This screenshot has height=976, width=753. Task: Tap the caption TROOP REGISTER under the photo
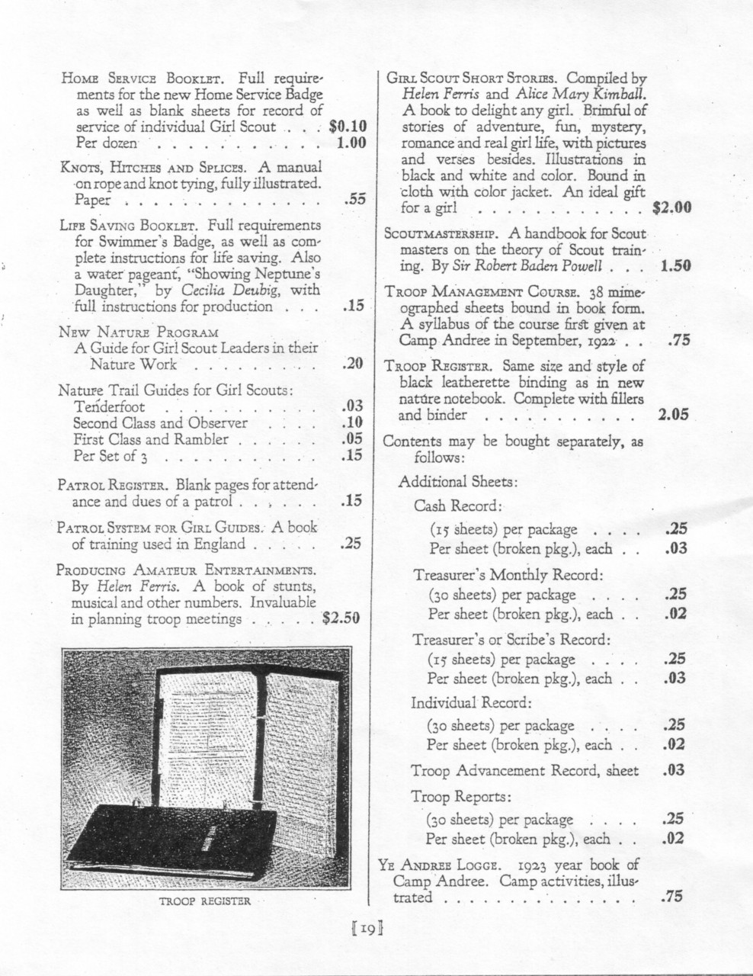[x=204, y=901]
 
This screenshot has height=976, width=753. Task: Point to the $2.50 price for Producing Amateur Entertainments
[x=341, y=618]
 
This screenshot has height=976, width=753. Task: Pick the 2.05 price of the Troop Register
[x=672, y=416]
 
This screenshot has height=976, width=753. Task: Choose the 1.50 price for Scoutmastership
[x=675, y=266]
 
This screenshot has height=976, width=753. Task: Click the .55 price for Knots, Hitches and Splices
[x=355, y=201]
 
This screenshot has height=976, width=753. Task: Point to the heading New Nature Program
[x=139, y=332]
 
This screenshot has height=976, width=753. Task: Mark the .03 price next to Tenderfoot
[x=354, y=406]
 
